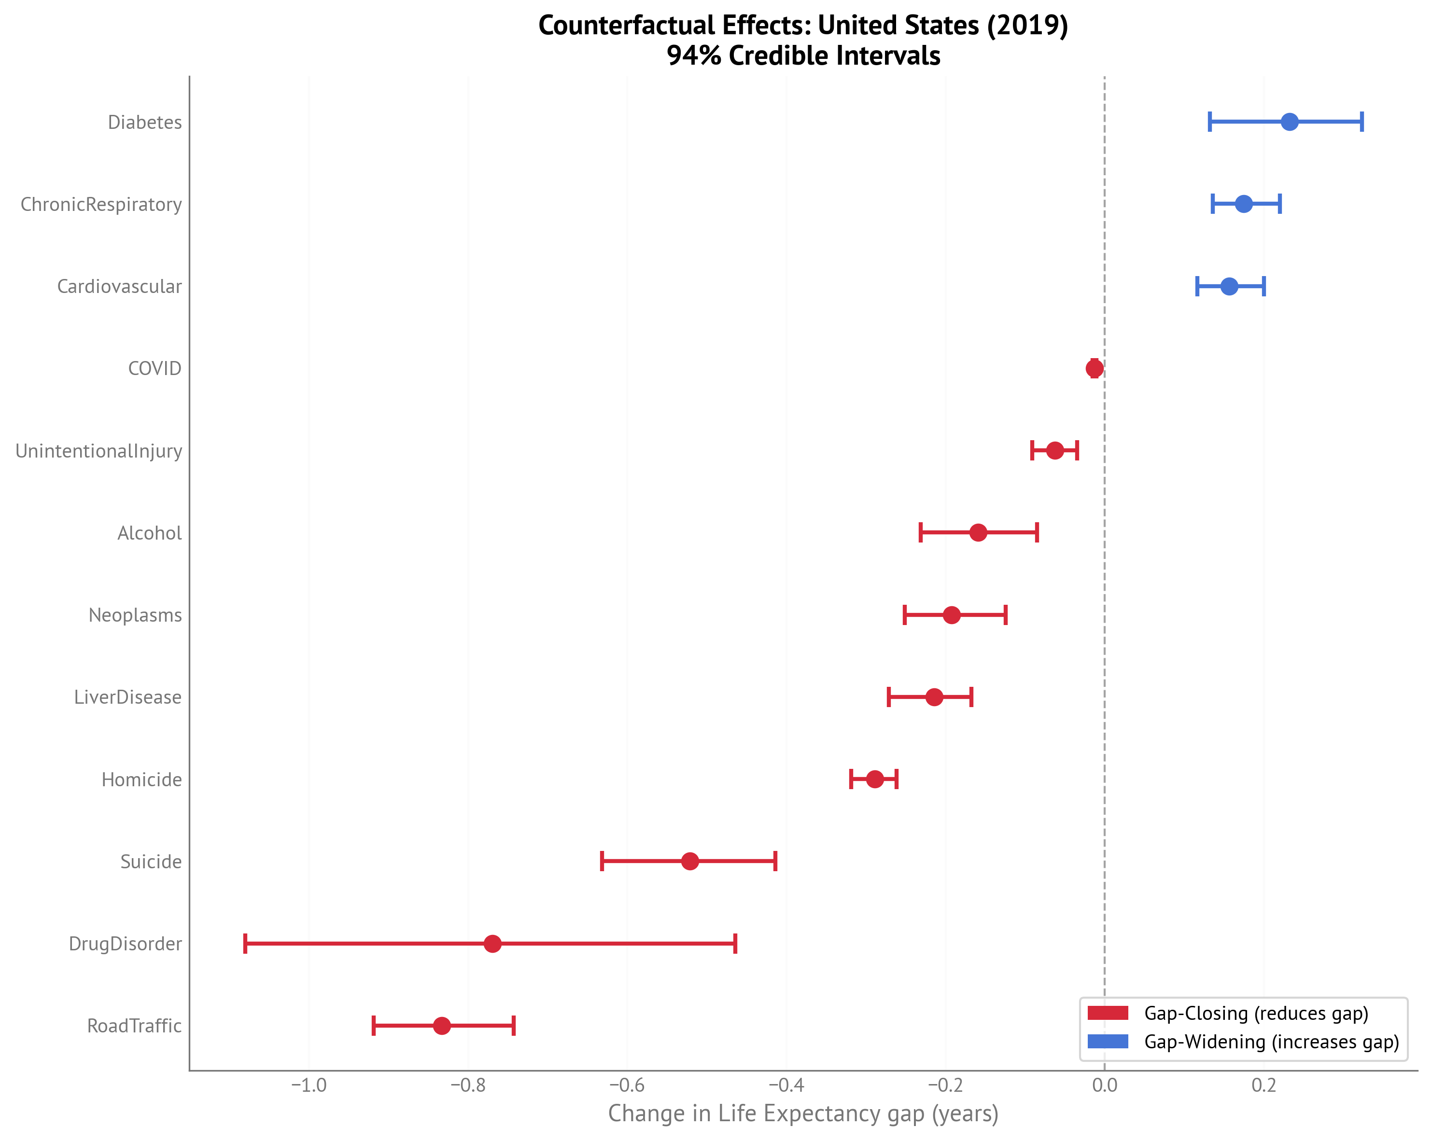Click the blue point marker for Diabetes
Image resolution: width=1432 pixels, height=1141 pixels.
1289,122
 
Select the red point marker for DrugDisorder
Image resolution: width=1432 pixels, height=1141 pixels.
492,944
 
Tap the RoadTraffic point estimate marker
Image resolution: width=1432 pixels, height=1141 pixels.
442,1026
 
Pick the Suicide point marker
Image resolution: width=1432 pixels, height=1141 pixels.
690,862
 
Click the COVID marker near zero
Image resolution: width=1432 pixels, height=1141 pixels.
1095,369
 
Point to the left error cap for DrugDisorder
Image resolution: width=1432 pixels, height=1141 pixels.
246,944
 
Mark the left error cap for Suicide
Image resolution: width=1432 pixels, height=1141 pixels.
602,862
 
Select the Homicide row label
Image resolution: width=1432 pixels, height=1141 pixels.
141,779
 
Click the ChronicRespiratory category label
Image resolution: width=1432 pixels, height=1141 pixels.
101,205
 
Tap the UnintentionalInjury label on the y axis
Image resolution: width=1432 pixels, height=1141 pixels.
98,451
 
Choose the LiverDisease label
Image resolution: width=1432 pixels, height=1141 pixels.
127,697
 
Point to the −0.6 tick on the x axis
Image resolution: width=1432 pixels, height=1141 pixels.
627,1086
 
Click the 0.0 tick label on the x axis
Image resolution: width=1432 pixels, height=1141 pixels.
1105,1086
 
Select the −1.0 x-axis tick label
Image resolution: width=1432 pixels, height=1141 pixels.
309,1086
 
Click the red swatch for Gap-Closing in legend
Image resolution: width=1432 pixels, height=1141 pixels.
1108,1013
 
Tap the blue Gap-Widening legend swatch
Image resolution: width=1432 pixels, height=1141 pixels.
1108,1042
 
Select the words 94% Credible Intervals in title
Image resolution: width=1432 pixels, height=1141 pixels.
803,56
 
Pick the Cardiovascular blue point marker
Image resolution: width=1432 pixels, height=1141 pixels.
1229,286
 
